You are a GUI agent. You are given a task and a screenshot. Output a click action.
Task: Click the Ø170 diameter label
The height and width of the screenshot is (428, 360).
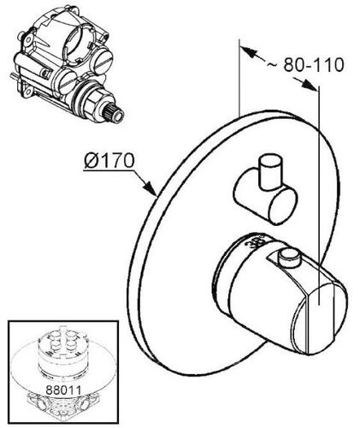[x=109, y=161]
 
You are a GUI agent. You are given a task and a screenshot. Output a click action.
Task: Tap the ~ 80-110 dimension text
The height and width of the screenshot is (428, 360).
[x=305, y=65]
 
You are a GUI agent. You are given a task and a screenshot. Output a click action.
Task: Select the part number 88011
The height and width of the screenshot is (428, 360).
[x=63, y=390]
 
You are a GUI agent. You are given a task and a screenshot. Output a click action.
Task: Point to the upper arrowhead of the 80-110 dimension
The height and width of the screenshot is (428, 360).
[x=247, y=52]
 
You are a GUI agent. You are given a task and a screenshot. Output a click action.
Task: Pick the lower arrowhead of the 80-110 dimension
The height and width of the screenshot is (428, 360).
[x=310, y=85]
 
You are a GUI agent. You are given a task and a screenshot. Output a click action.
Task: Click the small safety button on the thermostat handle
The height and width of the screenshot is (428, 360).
[x=290, y=258]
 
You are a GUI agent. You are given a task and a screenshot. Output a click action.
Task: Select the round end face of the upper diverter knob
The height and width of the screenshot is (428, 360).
[x=283, y=206]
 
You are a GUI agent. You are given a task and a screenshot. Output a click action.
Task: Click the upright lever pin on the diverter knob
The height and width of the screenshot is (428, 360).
[x=270, y=172]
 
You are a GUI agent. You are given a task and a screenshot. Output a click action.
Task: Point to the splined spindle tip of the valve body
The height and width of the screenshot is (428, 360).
[x=116, y=114]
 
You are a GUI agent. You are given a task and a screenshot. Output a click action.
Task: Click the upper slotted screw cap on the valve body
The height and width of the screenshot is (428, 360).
[x=103, y=60]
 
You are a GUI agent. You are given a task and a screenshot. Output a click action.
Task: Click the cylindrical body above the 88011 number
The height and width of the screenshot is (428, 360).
[x=62, y=354]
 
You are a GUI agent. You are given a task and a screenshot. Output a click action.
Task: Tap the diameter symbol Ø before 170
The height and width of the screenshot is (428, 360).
[x=91, y=161]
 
